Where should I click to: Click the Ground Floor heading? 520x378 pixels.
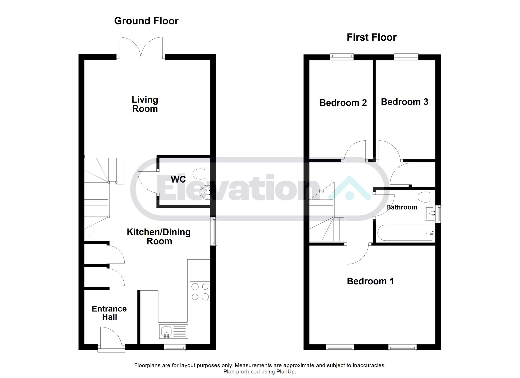click(146, 21)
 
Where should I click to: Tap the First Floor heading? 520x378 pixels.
click(371, 38)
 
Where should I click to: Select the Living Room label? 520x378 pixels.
click(145, 104)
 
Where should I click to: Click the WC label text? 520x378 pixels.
click(178, 179)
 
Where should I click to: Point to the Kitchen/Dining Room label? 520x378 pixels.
click(159, 237)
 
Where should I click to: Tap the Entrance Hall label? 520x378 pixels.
click(109, 313)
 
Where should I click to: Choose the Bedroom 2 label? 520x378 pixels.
click(343, 103)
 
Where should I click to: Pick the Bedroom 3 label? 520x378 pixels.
click(404, 102)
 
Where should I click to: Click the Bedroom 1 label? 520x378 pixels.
click(370, 281)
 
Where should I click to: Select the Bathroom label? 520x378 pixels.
click(402, 207)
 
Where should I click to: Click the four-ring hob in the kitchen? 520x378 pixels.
click(200, 292)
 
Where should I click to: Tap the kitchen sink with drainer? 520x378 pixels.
click(173, 332)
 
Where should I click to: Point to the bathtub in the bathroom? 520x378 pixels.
click(405, 233)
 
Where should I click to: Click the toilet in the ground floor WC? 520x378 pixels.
click(202, 174)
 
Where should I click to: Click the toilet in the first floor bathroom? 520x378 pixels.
click(427, 198)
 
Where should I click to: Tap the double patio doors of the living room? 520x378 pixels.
click(141, 48)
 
